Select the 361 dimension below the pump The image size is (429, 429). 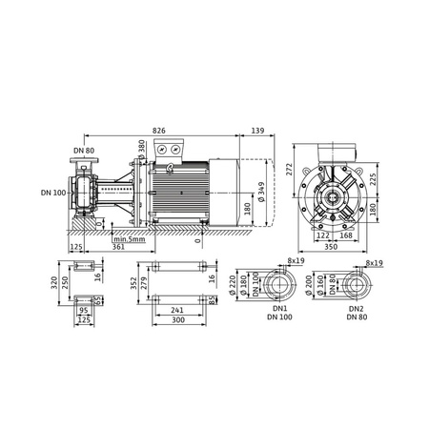117,246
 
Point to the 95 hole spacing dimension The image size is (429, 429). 83,310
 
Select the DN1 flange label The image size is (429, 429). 278,311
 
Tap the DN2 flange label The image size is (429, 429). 356,311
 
